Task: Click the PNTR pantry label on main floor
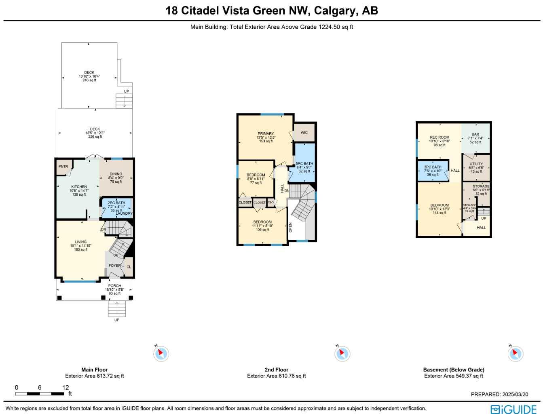(63, 167)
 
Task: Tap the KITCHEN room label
(79, 187)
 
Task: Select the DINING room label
(116, 174)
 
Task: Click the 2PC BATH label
(116, 203)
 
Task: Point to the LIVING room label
(80, 242)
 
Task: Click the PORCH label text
(114, 286)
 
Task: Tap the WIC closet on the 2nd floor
(304, 133)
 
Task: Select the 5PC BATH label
(304, 164)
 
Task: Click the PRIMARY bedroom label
(266, 133)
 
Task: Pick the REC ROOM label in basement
(439, 137)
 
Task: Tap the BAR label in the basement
(475, 134)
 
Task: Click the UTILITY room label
(476, 164)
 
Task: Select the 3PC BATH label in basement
(433, 167)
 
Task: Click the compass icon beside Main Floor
(161, 354)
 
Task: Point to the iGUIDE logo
(513, 409)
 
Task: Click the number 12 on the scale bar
(65, 387)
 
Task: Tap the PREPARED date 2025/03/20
(514, 394)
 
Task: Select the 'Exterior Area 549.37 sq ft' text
(453, 376)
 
